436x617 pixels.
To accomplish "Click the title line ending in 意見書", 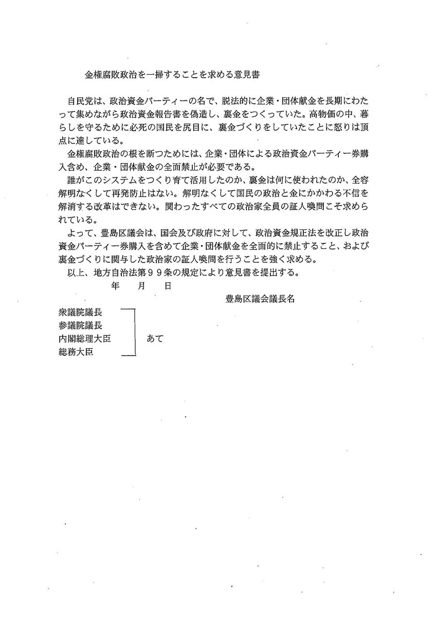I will (173, 74).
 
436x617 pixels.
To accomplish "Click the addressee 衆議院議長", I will (80, 312).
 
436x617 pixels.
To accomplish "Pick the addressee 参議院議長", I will (80, 325).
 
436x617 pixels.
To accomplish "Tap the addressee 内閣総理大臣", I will (85, 339).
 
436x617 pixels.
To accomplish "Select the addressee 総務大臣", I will (76, 352).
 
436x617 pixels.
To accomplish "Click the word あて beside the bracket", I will (155, 339).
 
